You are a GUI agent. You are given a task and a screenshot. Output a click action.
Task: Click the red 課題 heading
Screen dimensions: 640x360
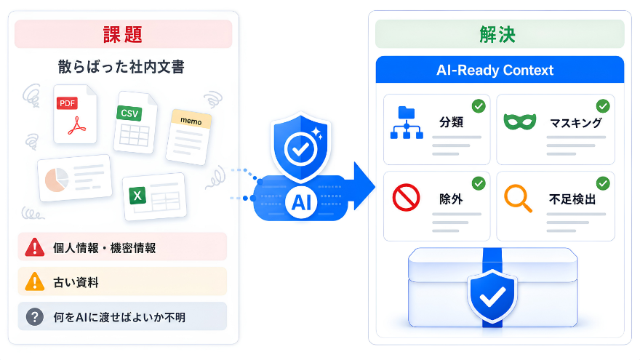123,34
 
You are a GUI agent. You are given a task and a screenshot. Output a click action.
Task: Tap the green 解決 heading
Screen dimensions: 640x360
497,34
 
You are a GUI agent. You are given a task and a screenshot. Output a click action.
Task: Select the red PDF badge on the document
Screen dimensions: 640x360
67,103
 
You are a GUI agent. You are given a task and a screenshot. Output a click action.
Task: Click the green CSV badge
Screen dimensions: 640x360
129,113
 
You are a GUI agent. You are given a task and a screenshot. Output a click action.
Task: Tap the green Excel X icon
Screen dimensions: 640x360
137,196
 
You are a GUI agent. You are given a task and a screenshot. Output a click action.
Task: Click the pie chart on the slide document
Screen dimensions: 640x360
57,180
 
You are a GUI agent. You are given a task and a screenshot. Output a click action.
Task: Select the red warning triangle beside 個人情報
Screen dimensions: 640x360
35,247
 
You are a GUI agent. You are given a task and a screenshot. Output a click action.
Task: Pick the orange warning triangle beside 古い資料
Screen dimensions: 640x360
35,281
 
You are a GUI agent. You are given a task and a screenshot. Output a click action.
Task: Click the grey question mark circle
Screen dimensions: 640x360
35,317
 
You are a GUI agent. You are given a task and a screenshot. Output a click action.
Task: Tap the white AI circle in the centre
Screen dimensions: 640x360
301,202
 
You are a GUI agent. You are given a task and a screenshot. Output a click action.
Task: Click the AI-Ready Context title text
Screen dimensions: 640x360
495,71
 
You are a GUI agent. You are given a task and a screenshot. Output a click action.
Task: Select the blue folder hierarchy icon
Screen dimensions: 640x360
407,122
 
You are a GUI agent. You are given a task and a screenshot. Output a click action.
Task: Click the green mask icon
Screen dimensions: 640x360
519,121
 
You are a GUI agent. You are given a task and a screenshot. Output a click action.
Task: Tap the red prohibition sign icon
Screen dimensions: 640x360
406,198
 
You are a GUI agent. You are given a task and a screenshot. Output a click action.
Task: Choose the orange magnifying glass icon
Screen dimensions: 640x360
518,199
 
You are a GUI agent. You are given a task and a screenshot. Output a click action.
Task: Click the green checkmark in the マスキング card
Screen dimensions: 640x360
603,106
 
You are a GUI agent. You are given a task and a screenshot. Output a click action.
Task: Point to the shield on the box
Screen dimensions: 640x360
492,296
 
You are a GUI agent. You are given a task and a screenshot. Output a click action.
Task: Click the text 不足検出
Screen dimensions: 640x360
572,199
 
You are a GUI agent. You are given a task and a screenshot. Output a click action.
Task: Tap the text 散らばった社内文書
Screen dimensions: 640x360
121,67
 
